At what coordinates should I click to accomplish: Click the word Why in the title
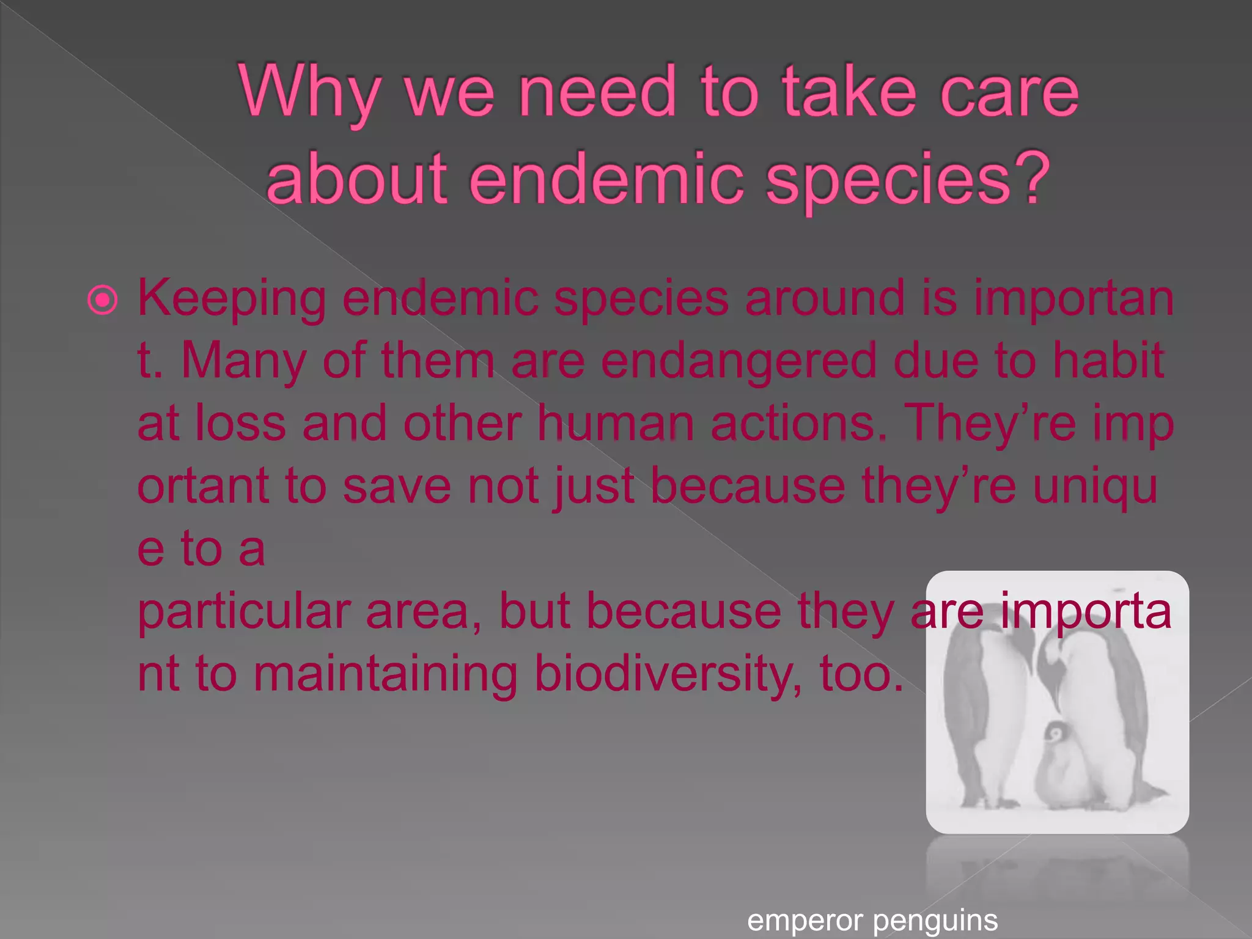309,93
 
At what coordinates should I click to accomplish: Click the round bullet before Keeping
102,300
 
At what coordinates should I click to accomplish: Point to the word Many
243,361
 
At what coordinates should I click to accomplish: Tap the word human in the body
615,423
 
